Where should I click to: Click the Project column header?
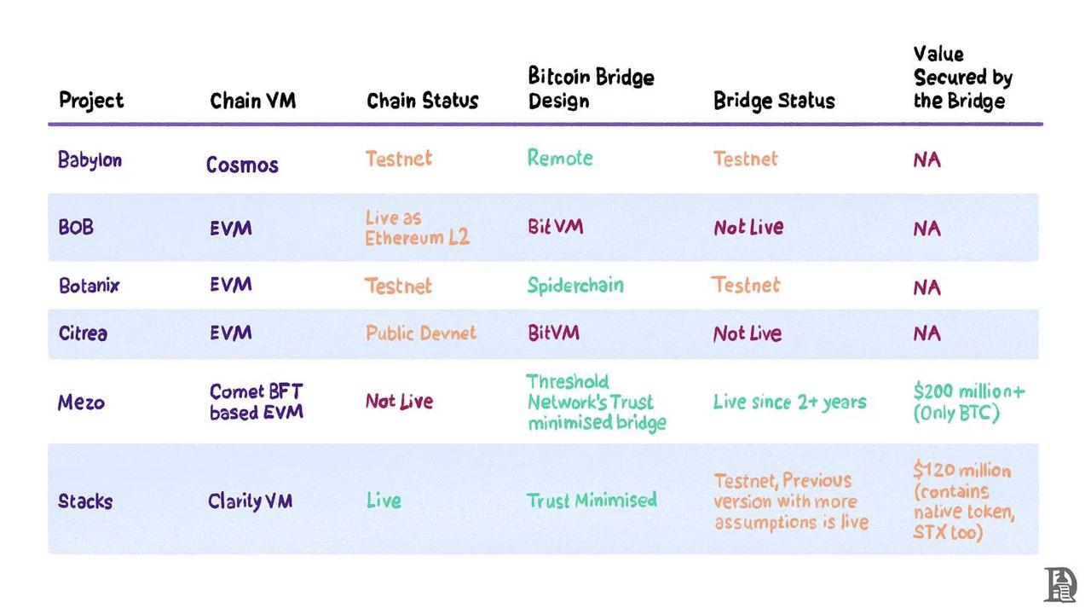[x=91, y=101]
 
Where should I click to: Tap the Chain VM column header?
[x=252, y=101]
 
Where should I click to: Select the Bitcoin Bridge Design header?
[x=591, y=89]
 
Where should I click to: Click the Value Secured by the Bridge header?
[x=962, y=78]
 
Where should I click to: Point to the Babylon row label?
[x=89, y=160]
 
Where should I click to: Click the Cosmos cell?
[x=242, y=165]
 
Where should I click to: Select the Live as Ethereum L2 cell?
[x=417, y=228]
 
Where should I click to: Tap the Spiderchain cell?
[x=575, y=285]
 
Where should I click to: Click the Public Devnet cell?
[x=421, y=333]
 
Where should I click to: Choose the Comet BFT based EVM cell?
[x=257, y=402]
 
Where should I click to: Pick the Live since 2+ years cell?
[x=789, y=402]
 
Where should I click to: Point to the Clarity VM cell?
[x=251, y=501]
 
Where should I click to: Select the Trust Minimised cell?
[x=592, y=501]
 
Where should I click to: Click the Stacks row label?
[x=85, y=501]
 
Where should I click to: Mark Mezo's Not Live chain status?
[x=399, y=401]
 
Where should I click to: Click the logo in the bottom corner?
[x=1060, y=585]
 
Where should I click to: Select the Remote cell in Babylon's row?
[x=560, y=158]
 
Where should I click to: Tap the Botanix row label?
[x=89, y=286]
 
